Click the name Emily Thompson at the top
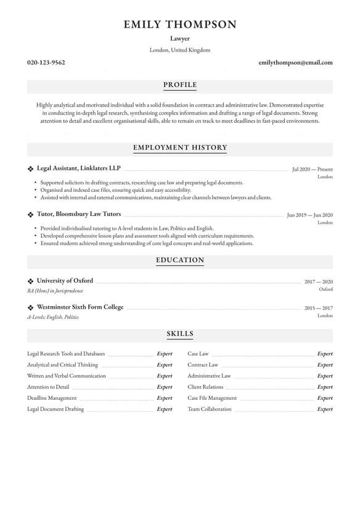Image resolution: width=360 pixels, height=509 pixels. [x=180, y=25]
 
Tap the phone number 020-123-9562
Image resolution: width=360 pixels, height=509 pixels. [x=46, y=62]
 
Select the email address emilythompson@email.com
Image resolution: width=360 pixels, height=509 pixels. [x=295, y=62]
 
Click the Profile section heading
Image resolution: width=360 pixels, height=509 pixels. [x=180, y=85]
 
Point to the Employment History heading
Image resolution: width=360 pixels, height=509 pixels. [x=180, y=148]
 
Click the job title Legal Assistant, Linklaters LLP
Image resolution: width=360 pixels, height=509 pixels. [x=78, y=168]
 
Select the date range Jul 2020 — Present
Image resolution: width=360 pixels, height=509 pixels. [x=312, y=168]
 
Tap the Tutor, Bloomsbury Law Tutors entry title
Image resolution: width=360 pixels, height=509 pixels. [x=79, y=214]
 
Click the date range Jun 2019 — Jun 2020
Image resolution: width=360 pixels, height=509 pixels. [x=309, y=215]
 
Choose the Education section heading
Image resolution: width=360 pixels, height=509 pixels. [x=180, y=260]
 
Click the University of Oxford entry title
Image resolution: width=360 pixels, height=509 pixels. [x=65, y=281]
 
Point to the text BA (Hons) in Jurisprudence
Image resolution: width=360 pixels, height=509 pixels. [x=55, y=291]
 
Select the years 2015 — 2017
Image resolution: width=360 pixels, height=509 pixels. [x=318, y=307]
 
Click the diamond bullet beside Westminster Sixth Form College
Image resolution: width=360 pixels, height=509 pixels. [x=31, y=307]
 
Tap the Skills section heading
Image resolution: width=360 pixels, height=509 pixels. [x=180, y=334]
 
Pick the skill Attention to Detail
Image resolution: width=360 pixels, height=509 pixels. [x=48, y=387]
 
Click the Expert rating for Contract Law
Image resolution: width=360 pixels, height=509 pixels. [x=324, y=365]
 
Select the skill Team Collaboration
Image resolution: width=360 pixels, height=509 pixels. [x=210, y=409]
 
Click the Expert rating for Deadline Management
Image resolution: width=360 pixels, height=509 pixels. [x=165, y=398]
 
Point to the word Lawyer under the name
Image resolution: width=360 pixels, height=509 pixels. [x=180, y=38]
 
